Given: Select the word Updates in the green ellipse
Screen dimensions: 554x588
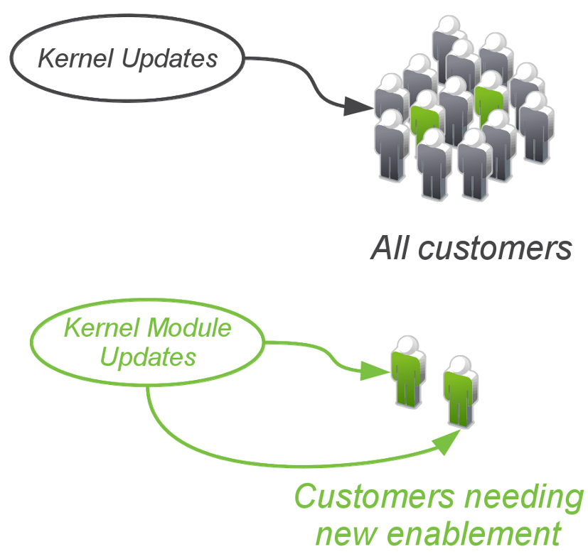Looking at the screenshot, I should [148, 356].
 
